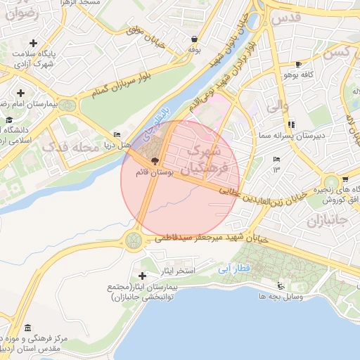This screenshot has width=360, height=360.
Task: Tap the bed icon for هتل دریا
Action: click(117, 135)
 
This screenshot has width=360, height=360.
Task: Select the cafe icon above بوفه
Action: click(194, 39)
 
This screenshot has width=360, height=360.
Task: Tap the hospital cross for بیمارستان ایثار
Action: click(143, 276)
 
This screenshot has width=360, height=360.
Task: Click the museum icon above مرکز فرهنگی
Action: click(27, 328)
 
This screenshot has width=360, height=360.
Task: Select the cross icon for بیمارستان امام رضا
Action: click(21, 93)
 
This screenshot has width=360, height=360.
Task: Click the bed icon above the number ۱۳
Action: click(276, 160)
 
